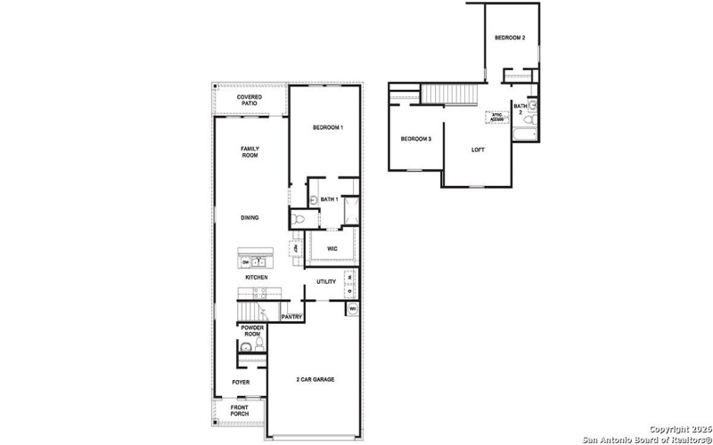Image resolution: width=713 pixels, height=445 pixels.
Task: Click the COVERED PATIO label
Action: coord(249,101)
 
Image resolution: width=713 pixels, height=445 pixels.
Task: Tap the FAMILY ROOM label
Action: coord(250,152)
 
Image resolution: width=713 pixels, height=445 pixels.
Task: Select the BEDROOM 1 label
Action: coord(328,128)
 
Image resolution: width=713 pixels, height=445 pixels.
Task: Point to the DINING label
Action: coord(250,217)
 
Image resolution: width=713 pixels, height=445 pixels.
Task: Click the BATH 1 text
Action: coord(329,199)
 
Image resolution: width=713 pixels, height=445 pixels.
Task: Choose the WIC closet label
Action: coord(332,248)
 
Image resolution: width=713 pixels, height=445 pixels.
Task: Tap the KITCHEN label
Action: coord(257,278)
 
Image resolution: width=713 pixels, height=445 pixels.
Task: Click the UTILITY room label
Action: coord(325,282)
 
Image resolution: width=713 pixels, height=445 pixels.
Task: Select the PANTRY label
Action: coord(292,317)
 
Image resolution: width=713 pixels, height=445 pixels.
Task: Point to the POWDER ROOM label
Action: coord(250,331)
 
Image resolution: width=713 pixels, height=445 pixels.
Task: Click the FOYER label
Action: coord(241,382)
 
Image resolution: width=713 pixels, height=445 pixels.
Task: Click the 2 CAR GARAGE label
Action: coord(316,380)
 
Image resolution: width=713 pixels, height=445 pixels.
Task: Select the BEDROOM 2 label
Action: coord(511,38)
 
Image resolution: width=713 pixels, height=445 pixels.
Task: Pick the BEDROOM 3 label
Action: coord(415,139)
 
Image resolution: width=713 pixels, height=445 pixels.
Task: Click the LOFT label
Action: coord(479,149)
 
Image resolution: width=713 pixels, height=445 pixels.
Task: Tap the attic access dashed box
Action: coord(496,116)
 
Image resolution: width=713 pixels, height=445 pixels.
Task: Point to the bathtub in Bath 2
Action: coord(524,135)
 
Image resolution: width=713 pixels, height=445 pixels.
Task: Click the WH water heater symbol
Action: coord(353,310)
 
